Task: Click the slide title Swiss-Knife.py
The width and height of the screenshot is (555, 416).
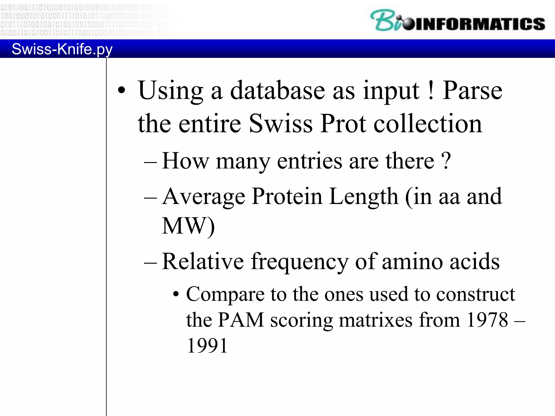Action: coord(62,49)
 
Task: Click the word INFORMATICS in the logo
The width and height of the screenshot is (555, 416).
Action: coord(480,24)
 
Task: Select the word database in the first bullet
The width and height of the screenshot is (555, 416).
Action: coord(277,91)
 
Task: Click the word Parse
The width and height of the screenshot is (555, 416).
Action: coord(472,91)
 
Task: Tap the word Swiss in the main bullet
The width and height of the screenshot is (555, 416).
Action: coord(280,124)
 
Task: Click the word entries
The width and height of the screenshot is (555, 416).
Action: coord(309,161)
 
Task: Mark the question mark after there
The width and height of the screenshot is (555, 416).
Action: coord(446,161)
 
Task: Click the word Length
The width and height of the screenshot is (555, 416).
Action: coord(364,197)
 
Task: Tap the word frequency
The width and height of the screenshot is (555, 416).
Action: coord(299,262)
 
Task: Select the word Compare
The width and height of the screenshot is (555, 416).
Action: coord(225,295)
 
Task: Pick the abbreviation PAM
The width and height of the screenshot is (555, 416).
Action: coord(241,320)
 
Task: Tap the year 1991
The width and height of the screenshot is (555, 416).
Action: coord(207,346)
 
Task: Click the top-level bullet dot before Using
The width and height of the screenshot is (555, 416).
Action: coord(122,91)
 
